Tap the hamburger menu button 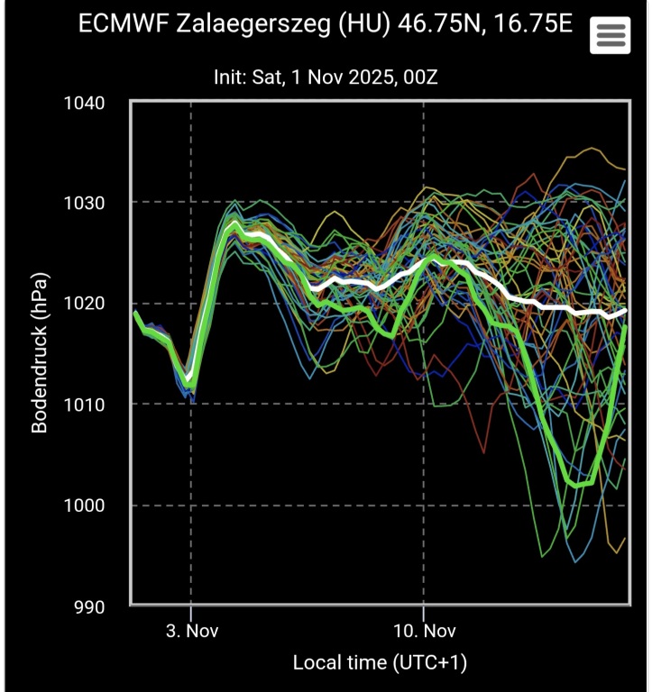[611, 35]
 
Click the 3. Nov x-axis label [190, 630]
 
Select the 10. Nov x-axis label [422, 630]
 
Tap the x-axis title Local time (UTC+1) [380, 663]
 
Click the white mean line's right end [625, 311]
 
